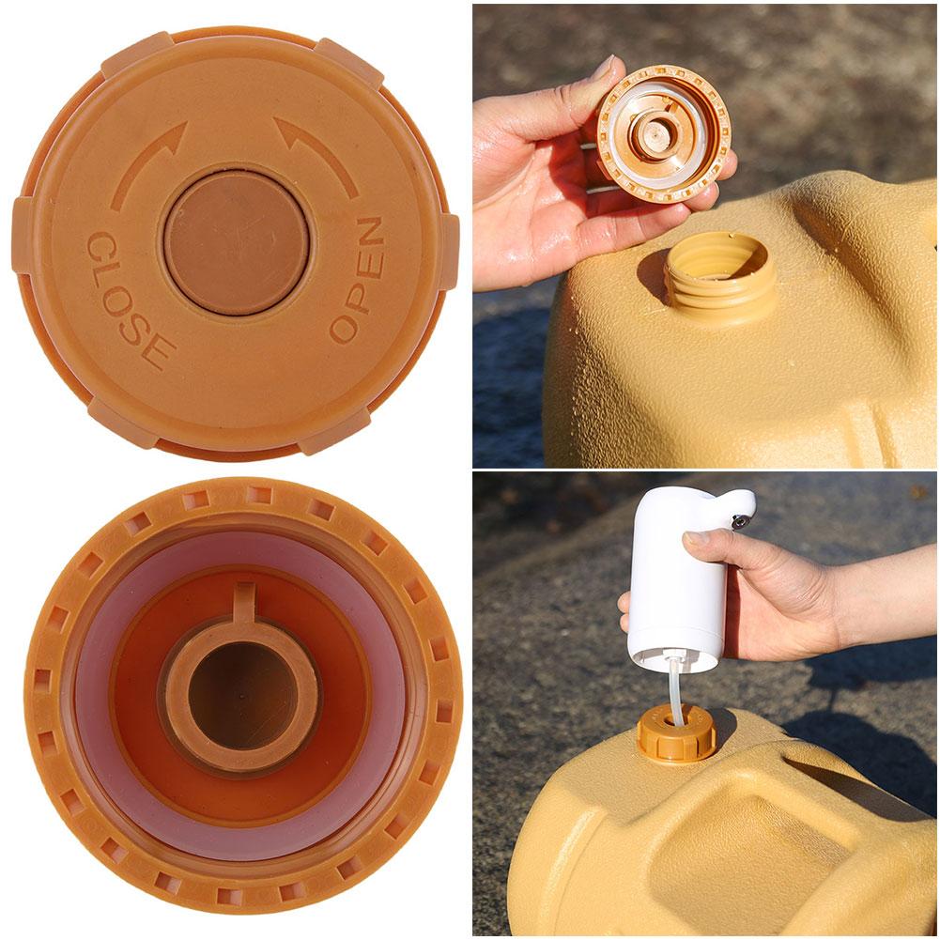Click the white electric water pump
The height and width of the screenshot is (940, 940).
tap(676, 587)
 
